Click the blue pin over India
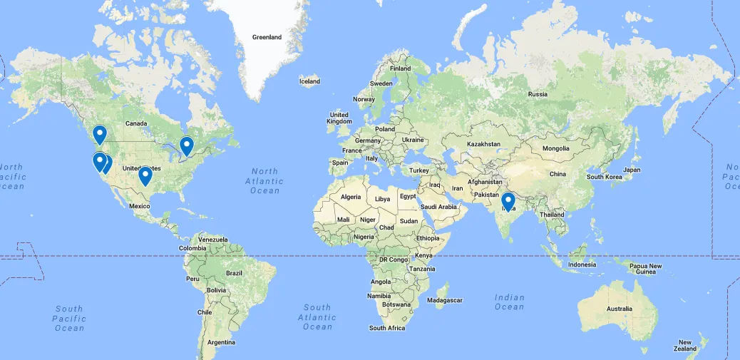click(x=508, y=202)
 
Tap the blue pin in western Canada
click(x=100, y=133)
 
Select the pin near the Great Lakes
click(x=187, y=145)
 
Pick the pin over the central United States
click(x=145, y=175)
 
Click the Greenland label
click(x=267, y=37)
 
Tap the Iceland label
click(x=309, y=81)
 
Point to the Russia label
click(x=538, y=94)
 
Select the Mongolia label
click(x=556, y=148)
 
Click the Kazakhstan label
click(x=484, y=144)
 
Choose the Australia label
click(x=619, y=309)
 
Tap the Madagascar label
click(x=445, y=300)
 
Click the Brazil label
click(x=234, y=273)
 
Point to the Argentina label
click(x=221, y=343)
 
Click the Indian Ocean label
click(x=509, y=302)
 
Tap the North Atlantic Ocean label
click(x=265, y=181)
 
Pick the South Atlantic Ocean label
click(x=317, y=317)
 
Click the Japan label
click(x=632, y=170)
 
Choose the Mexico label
click(x=140, y=206)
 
